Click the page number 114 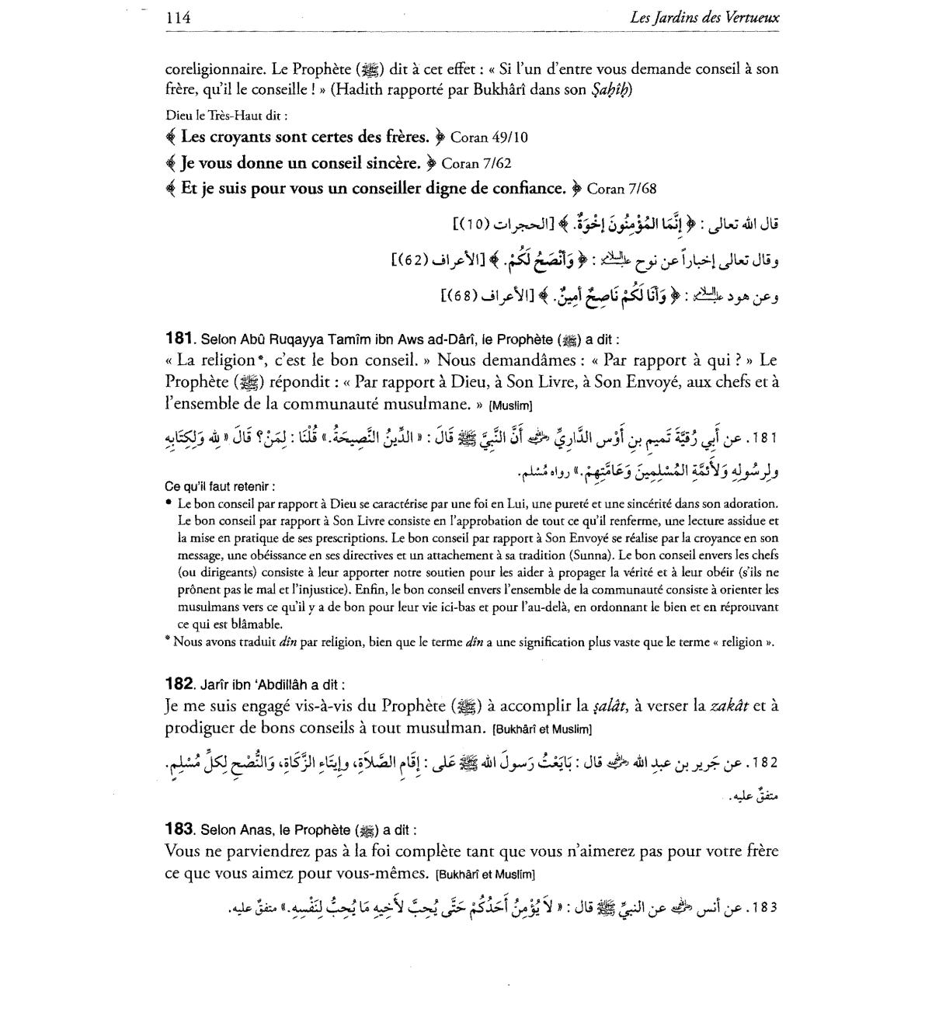[x=178, y=17]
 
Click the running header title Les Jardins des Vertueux [x=705, y=17]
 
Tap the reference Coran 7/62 [x=476, y=163]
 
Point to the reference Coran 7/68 [x=622, y=189]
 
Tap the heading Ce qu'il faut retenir [x=220, y=486]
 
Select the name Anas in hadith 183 [x=259, y=830]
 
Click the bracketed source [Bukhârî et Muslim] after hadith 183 [x=485, y=874]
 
